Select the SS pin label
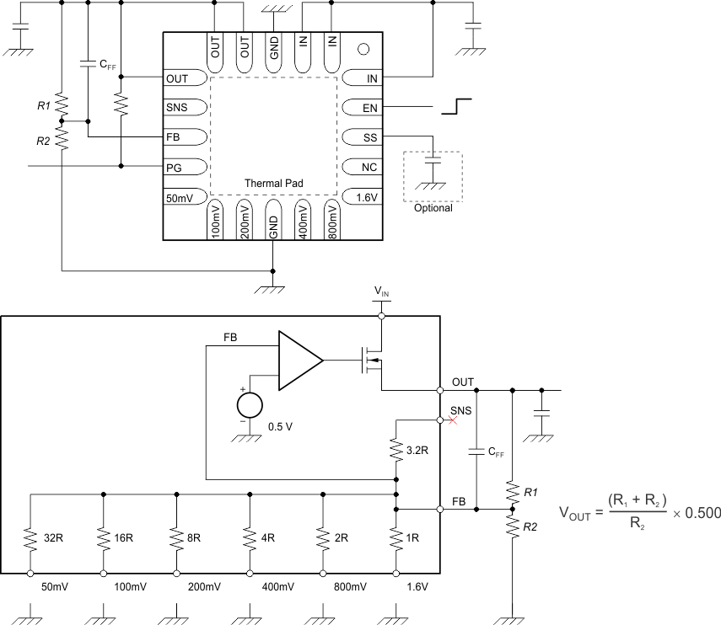pyautogui.click(x=369, y=137)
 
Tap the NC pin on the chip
pyautogui.click(x=369, y=167)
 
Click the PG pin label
pyautogui.click(x=175, y=168)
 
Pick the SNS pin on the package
pyautogui.click(x=177, y=108)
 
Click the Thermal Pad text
pyautogui.click(x=273, y=183)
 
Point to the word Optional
pyautogui.click(x=433, y=208)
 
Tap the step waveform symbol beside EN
pyautogui.click(x=455, y=106)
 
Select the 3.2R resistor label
pyautogui.click(x=417, y=451)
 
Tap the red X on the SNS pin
pyautogui.click(x=452, y=419)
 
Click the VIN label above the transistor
pyautogui.click(x=381, y=292)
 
